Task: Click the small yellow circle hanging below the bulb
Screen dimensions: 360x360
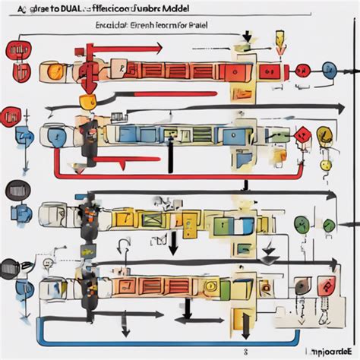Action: [x=325, y=164]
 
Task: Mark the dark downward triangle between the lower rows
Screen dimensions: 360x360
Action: [x=173, y=245]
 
